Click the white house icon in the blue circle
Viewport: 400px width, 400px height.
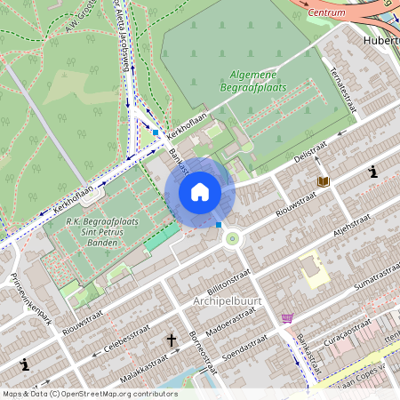[x=200, y=192]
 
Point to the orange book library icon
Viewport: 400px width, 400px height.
[x=323, y=181]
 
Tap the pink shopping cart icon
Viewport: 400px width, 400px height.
[x=287, y=317]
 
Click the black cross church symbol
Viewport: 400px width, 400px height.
[x=172, y=340]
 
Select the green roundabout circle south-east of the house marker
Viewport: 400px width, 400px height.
[x=233, y=238]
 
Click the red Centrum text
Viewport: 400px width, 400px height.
[x=326, y=13]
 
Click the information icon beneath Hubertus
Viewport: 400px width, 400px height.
[x=374, y=172]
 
